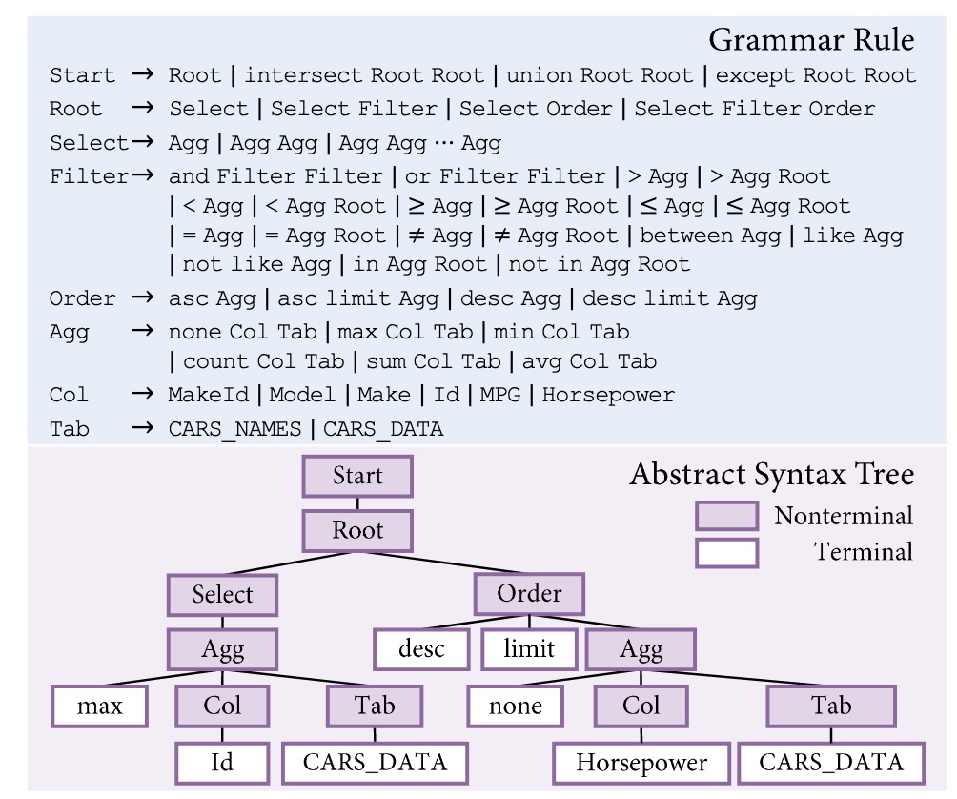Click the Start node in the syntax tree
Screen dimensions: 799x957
(x=357, y=477)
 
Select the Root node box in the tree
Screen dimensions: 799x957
(x=357, y=530)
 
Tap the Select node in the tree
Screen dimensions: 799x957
(x=223, y=595)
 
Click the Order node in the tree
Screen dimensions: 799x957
(x=529, y=594)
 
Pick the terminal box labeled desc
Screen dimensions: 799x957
(x=420, y=650)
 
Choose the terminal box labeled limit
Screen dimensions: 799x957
(x=529, y=650)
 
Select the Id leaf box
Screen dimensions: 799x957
(x=222, y=763)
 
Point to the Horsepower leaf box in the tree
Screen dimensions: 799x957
(x=641, y=763)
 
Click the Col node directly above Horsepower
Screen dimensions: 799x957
(x=641, y=707)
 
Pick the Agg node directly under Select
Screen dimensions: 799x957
(x=223, y=650)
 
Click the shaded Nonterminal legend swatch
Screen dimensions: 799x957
(x=726, y=517)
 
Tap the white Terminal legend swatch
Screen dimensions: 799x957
(x=726, y=552)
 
